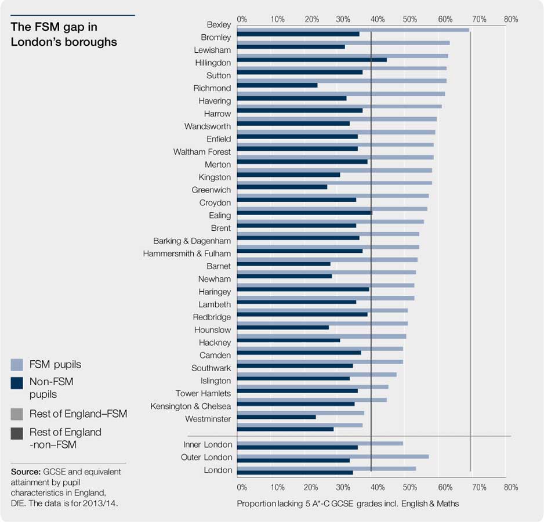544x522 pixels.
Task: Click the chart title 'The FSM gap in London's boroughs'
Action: tap(64, 34)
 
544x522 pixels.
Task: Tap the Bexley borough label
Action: tap(219, 24)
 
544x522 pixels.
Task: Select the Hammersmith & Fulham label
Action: tap(187, 253)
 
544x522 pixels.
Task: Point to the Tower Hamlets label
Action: tap(203, 393)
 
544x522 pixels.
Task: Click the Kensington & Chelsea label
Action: tap(190, 406)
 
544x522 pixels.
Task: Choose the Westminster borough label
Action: tap(208, 419)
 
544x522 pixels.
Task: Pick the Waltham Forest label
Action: tap(202, 151)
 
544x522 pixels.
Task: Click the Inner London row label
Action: tap(208, 444)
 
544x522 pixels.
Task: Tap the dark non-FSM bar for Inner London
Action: tap(297, 448)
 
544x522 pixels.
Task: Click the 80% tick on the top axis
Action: tap(510, 19)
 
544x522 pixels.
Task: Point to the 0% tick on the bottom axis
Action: tap(242, 487)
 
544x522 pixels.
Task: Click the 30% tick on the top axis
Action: tap(343, 19)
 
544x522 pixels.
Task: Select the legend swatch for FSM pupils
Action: tap(17, 365)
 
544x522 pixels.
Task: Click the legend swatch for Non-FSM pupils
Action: tap(17, 383)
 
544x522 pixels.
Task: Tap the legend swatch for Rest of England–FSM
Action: tap(17, 414)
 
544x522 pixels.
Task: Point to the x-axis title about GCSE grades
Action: tap(347, 503)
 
